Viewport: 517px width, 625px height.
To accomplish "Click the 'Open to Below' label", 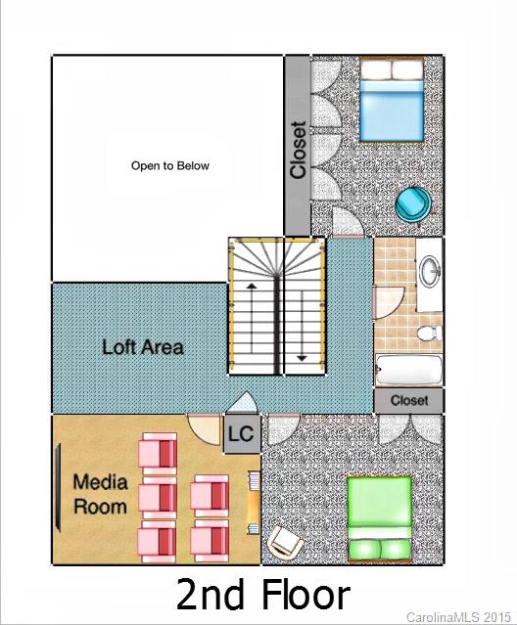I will coord(169,166).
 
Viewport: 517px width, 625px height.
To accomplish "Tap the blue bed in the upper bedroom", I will coord(393,100).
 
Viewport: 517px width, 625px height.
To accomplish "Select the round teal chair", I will coord(412,201).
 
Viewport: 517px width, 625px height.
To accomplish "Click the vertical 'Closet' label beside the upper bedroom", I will coord(298,150).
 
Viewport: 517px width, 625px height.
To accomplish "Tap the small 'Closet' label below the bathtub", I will coord(409,401).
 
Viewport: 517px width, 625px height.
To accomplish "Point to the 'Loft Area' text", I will coord(143,347).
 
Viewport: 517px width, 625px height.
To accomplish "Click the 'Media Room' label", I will coord(100,494).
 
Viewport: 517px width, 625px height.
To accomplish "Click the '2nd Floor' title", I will coord(262,594).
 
